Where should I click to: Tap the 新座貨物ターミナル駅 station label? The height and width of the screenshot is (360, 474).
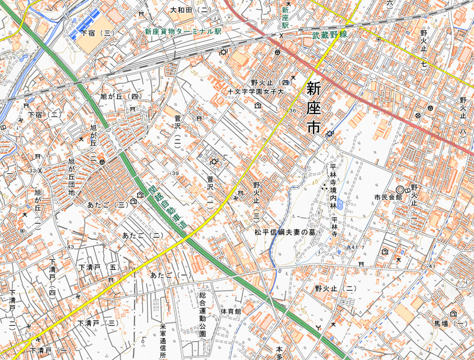(183, 31)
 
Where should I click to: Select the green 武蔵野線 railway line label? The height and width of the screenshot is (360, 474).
(329, 36)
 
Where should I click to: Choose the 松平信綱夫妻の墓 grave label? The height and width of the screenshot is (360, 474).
(284, 233)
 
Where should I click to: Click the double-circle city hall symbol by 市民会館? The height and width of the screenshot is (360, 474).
(400, 189)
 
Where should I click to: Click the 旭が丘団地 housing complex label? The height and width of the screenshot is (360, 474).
(72, 177)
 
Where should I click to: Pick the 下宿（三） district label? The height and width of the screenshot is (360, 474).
(97, 33)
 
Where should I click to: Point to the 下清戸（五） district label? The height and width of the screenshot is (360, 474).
(99, 268)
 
